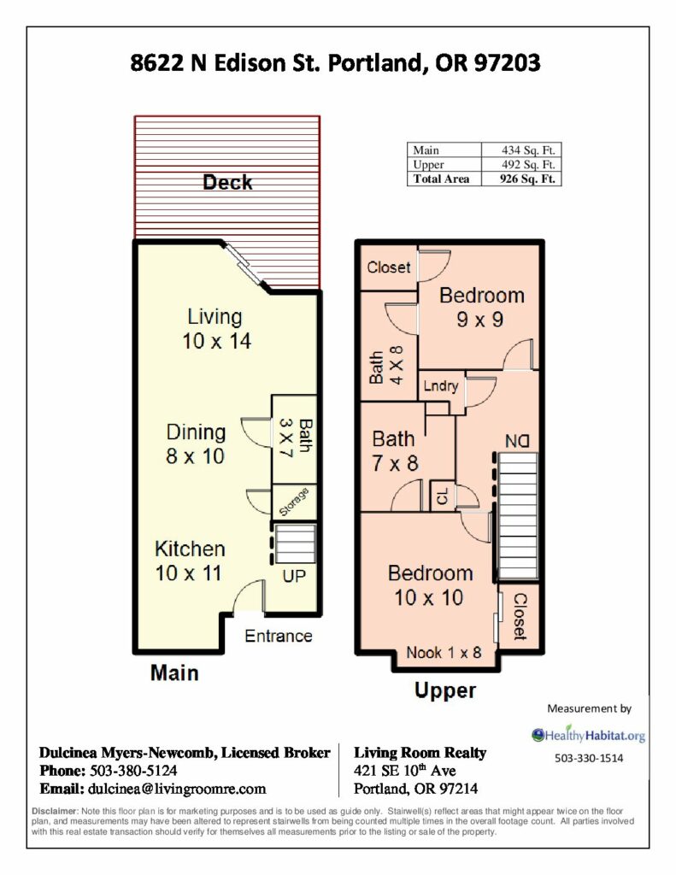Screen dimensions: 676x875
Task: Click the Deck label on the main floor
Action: [x=227, y=183]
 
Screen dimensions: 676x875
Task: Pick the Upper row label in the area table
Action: [x=429, y=165]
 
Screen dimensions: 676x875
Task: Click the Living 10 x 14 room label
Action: [x=216, y=329]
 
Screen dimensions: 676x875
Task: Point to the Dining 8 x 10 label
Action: [x=196, y=444]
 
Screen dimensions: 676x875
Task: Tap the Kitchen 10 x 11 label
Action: [x=190, y=561]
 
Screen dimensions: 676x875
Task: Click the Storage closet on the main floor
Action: [x=294, y=502]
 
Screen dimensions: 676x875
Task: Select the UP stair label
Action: [x=294, y=576]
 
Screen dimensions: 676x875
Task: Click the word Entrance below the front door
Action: [x=278, y=636]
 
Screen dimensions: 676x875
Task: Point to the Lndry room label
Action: [x=440, y=385]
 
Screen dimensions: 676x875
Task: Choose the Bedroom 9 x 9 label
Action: [x=481, y=307]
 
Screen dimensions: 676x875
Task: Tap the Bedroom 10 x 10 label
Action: [x=430, y=584]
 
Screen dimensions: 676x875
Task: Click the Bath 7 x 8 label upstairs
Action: [x=394, y=451]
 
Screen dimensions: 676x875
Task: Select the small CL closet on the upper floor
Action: [x=442, y=496]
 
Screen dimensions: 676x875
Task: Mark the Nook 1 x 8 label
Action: [x=444, y=652]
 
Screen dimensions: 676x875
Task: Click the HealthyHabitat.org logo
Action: [x=588, y=735]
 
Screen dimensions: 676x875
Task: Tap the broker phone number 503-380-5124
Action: [x=132, y=771]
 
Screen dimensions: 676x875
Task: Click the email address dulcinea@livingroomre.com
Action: [x=176, y=789]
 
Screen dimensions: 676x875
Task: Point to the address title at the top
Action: [x=336, y=62]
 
